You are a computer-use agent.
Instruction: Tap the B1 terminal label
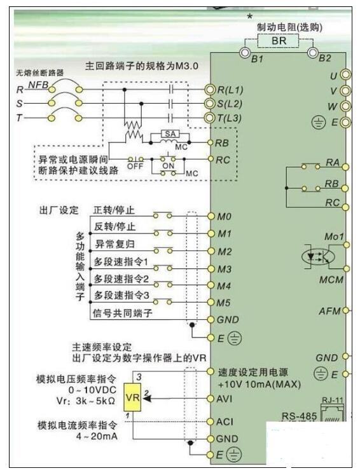pos(257,60)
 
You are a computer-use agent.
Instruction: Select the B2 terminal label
pos(324,58)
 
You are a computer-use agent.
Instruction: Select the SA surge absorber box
pos(170,134)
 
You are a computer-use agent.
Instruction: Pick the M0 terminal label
pos(225,217)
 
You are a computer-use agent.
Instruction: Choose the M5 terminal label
pos(225,302)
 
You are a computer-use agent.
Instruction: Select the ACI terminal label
pos(226,422)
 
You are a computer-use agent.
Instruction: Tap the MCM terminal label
pos(331,280)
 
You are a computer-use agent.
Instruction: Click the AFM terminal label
pos(329,311)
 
